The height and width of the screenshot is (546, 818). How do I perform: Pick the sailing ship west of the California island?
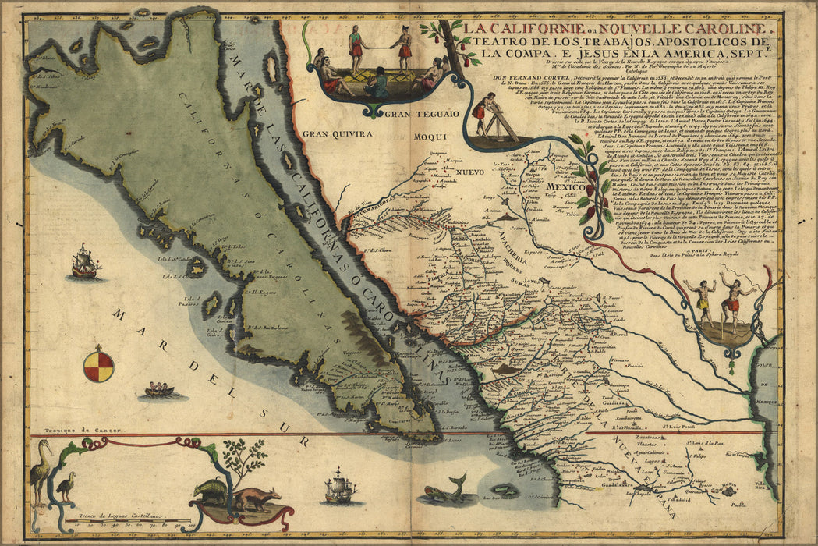[84, 262]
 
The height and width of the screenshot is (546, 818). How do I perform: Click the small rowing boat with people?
[159, 389]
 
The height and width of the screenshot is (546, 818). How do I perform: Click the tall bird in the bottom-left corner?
[40, 471]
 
